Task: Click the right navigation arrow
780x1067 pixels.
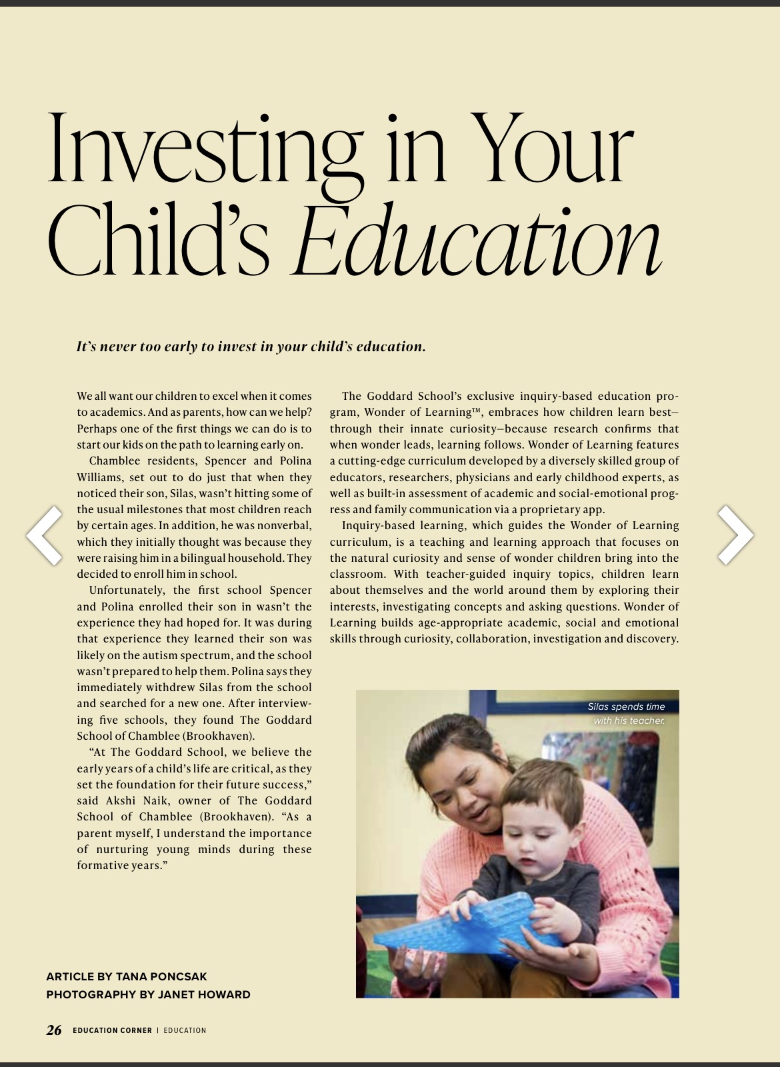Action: pyautogui.click(x=735, y=534)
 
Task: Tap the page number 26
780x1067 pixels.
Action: pyautogui.click(x=54, y=1030)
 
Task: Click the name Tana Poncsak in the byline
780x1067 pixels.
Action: pyautogui.click(x=161, y=976)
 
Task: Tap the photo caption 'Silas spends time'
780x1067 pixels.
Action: pyautogui.click(x=626, y=706)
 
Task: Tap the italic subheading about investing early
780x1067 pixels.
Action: pyautogui.click(x=251, y=347)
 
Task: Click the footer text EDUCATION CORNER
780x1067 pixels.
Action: pyautogui.click(x=112, y=1030)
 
